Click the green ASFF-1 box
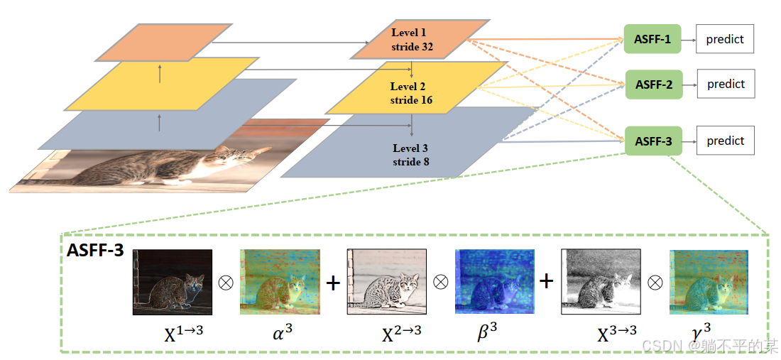pos(652,40)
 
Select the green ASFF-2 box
pos(654,84)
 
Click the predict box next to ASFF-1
pos(725,40)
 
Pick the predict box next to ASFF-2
pos(726,84)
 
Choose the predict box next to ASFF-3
pos(726,141)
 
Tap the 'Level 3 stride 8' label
pos(410,155)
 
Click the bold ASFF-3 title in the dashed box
pos(95,251)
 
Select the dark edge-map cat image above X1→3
pos(173,282)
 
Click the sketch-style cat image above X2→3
pos(386,282)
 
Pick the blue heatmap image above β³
pos(494,282)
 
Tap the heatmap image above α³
pos(279,282)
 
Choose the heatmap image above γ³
pos(709,282)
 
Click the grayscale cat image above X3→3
pos(601,282)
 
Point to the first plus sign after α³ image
pos(332,283)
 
